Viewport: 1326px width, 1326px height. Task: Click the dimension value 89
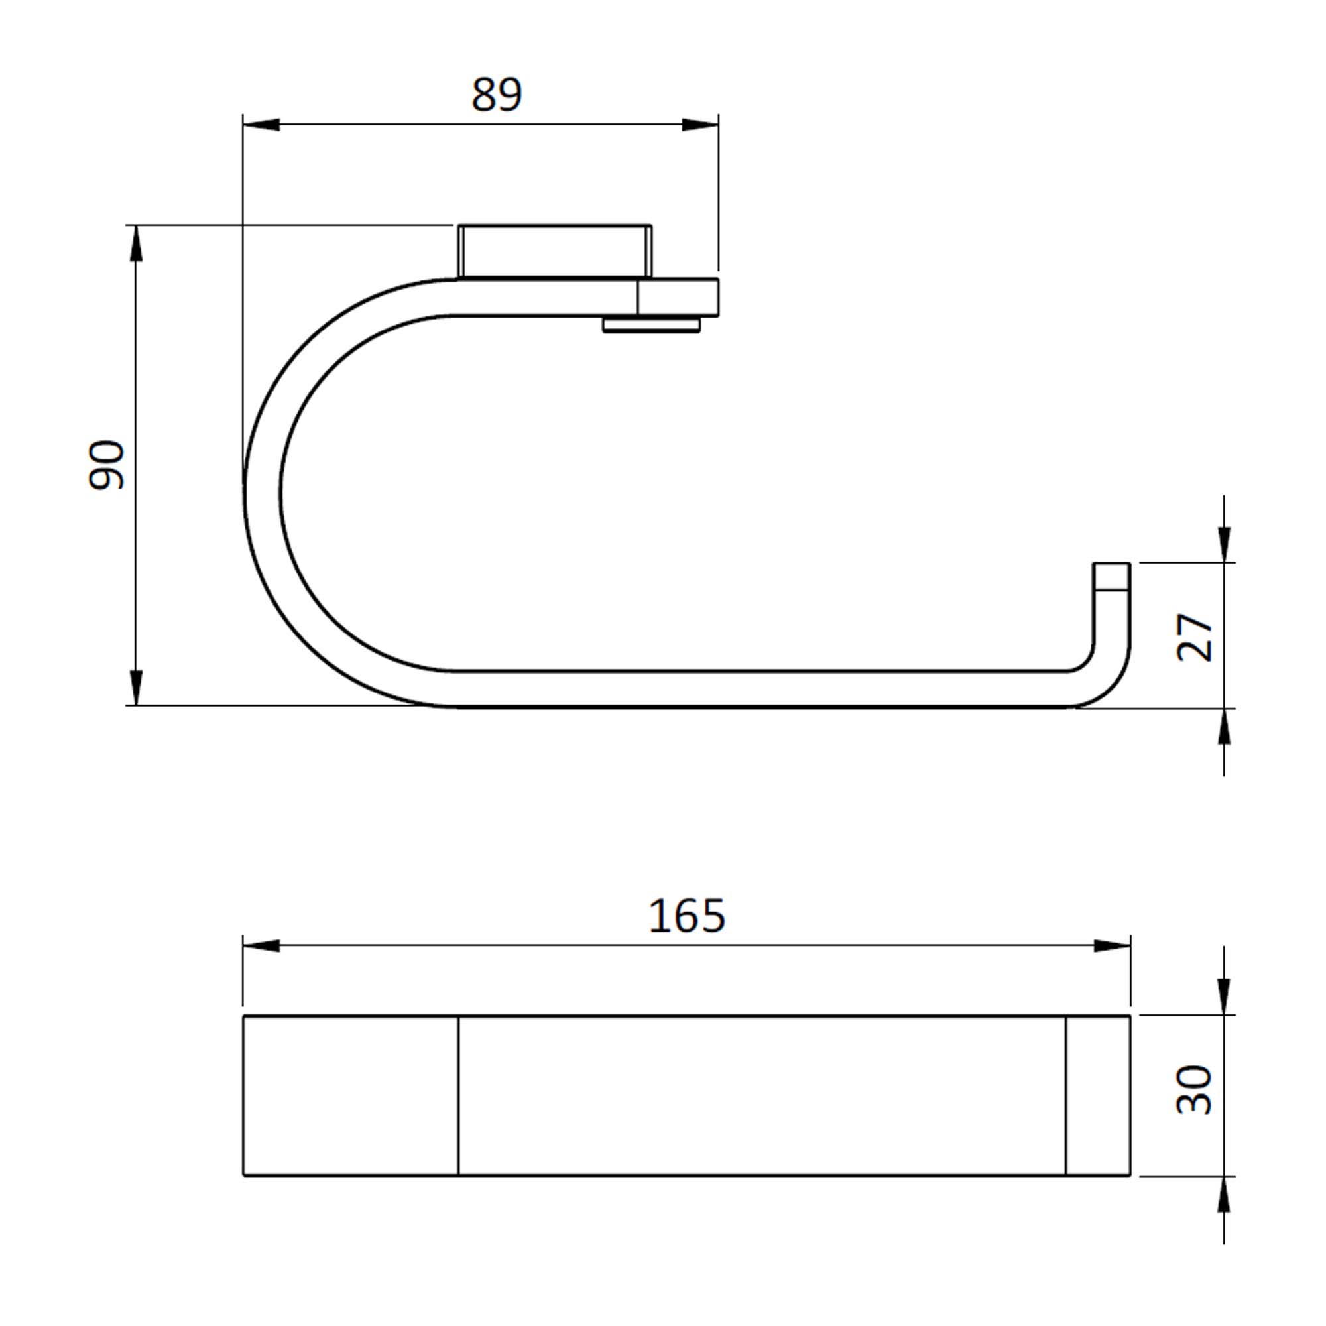coord(497,94)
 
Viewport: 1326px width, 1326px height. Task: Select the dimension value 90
coord(107,465)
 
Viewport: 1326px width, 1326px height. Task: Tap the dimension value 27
coord(1195,637)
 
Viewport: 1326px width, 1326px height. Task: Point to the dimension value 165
coord(686,916)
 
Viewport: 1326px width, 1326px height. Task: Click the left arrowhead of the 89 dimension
coord(261,125)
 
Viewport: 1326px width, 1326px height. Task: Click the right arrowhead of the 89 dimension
coord(699,125)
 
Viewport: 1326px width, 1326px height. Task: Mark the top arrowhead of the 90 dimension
coord(137,243)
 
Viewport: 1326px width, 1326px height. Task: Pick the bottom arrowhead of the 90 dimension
coord(137,687)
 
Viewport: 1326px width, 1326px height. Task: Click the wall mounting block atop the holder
coord(554,251)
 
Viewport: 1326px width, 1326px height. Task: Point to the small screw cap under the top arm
coord(651,325)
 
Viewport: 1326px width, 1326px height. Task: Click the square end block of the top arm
coord(678,297)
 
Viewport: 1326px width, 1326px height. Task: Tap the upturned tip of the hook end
coord(1111,577)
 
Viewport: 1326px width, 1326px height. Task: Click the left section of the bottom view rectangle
coord(351,1095)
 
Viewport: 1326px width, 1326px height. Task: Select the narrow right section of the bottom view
coord(1097,1095)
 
